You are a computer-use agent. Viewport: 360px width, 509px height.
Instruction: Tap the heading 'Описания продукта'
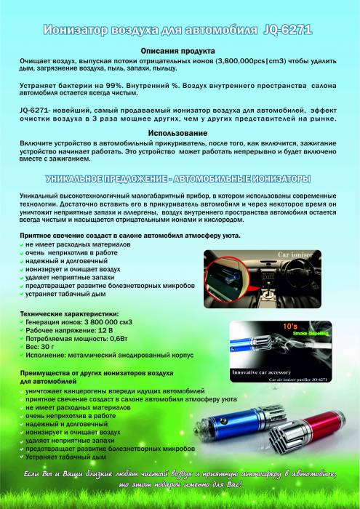tap(178, 52)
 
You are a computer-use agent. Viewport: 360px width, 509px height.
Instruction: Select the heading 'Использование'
tap(178, 133)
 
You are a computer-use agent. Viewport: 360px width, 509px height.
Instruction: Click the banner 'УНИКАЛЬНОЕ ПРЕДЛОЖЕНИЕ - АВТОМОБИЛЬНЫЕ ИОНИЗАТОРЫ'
tap(178, 179)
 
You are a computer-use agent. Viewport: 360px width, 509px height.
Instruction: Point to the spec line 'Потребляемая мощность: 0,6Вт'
tap(80, 338)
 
